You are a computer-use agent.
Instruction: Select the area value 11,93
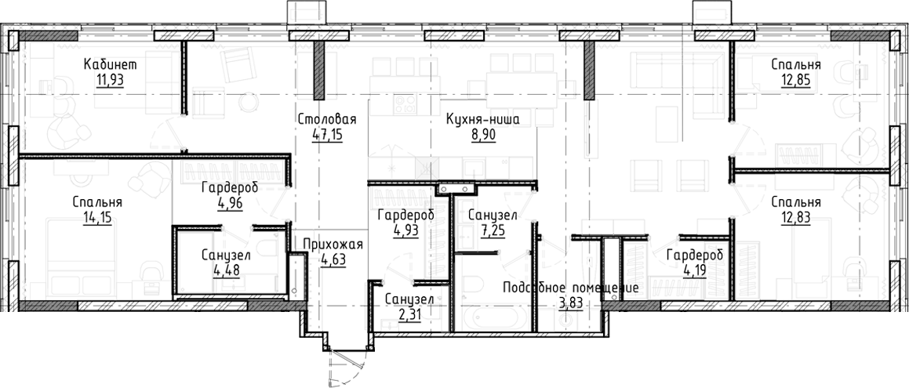pyautogui.click(x=111, y=78)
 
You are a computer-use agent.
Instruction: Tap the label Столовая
pyautogui.click(x=327, y=120)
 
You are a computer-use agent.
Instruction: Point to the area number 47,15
pyautogui.click(x=327, y=134)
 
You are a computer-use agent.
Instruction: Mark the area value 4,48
pyautogui.click(x=225, y=270)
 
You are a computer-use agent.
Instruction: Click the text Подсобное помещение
pyautogui.click(x=571, y=288)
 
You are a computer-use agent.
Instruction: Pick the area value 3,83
pyautogui.click(x=571, y=303)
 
